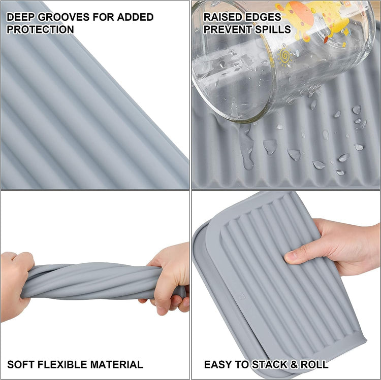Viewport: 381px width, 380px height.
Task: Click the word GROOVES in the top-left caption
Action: [63, 17]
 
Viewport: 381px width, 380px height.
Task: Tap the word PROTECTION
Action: [40, 29]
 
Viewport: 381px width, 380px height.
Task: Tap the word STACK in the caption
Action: [269, 364]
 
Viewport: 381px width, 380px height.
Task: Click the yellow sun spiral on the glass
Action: [285, 56]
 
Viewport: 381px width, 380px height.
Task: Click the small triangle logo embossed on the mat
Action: [242, 296]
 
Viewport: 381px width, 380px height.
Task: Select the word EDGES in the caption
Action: [264, 17]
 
